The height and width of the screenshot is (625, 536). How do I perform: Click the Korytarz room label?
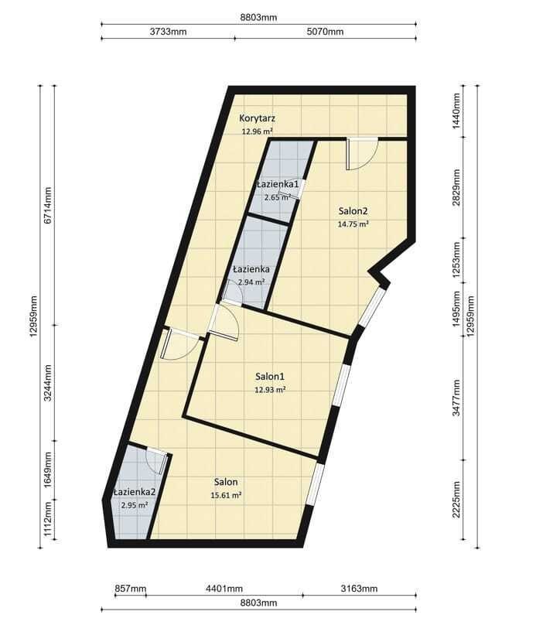coord(257,118)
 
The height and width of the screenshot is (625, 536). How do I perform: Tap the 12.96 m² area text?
coord(257,131)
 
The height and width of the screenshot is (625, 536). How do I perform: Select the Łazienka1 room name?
coord(278,184)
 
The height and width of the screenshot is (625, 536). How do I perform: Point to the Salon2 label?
coord(353,211)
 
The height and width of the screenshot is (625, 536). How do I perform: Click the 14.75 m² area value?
coord(353,224)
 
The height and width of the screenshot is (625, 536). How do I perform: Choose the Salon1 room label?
coord(270,376)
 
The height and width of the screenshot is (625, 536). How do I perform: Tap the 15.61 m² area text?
coord(226,496)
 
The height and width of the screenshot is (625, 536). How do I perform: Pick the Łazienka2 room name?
coord(135,492)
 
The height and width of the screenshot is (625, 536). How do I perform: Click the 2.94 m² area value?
coord(251,282)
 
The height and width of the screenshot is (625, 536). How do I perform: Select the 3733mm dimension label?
coord(168,32)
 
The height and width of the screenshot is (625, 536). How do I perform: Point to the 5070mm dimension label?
coord(325,32)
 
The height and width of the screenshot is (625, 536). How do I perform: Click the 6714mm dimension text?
coord(48,205)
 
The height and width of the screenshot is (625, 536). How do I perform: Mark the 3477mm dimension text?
coord(456,398)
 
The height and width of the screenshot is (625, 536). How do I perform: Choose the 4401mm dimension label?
coord(224,589)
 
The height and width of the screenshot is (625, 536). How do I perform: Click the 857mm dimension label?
coord(130,589)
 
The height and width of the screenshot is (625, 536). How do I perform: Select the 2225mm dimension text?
coord(456,500)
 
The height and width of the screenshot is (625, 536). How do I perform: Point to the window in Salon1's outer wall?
coord(342,385)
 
